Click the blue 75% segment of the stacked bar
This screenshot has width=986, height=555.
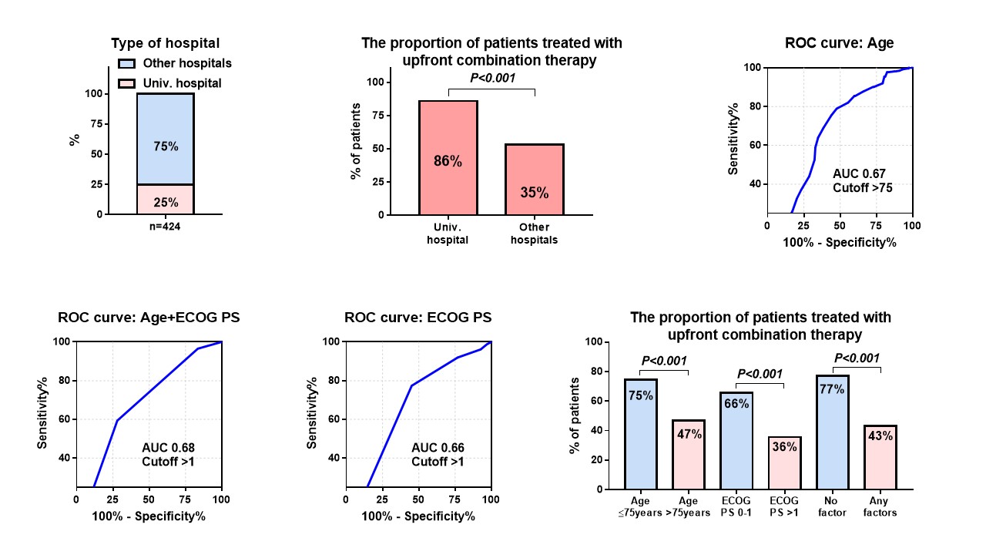click(x=166, y=139)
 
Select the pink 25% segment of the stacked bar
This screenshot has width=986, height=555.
click(x=166, y=200)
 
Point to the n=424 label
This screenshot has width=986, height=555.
click(x=165, y=227)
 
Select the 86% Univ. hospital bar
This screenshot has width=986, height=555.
click(x=448, y=157)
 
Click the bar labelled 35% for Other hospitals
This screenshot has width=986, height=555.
click(x=535, y=179)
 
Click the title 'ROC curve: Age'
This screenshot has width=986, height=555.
click(x=839, y=43)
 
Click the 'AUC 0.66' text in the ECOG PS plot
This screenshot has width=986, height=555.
click(x=438, y=448)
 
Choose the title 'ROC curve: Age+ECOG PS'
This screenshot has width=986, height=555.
click(x=149, y=318)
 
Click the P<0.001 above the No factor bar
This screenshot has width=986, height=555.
click(x=856, y=358)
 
